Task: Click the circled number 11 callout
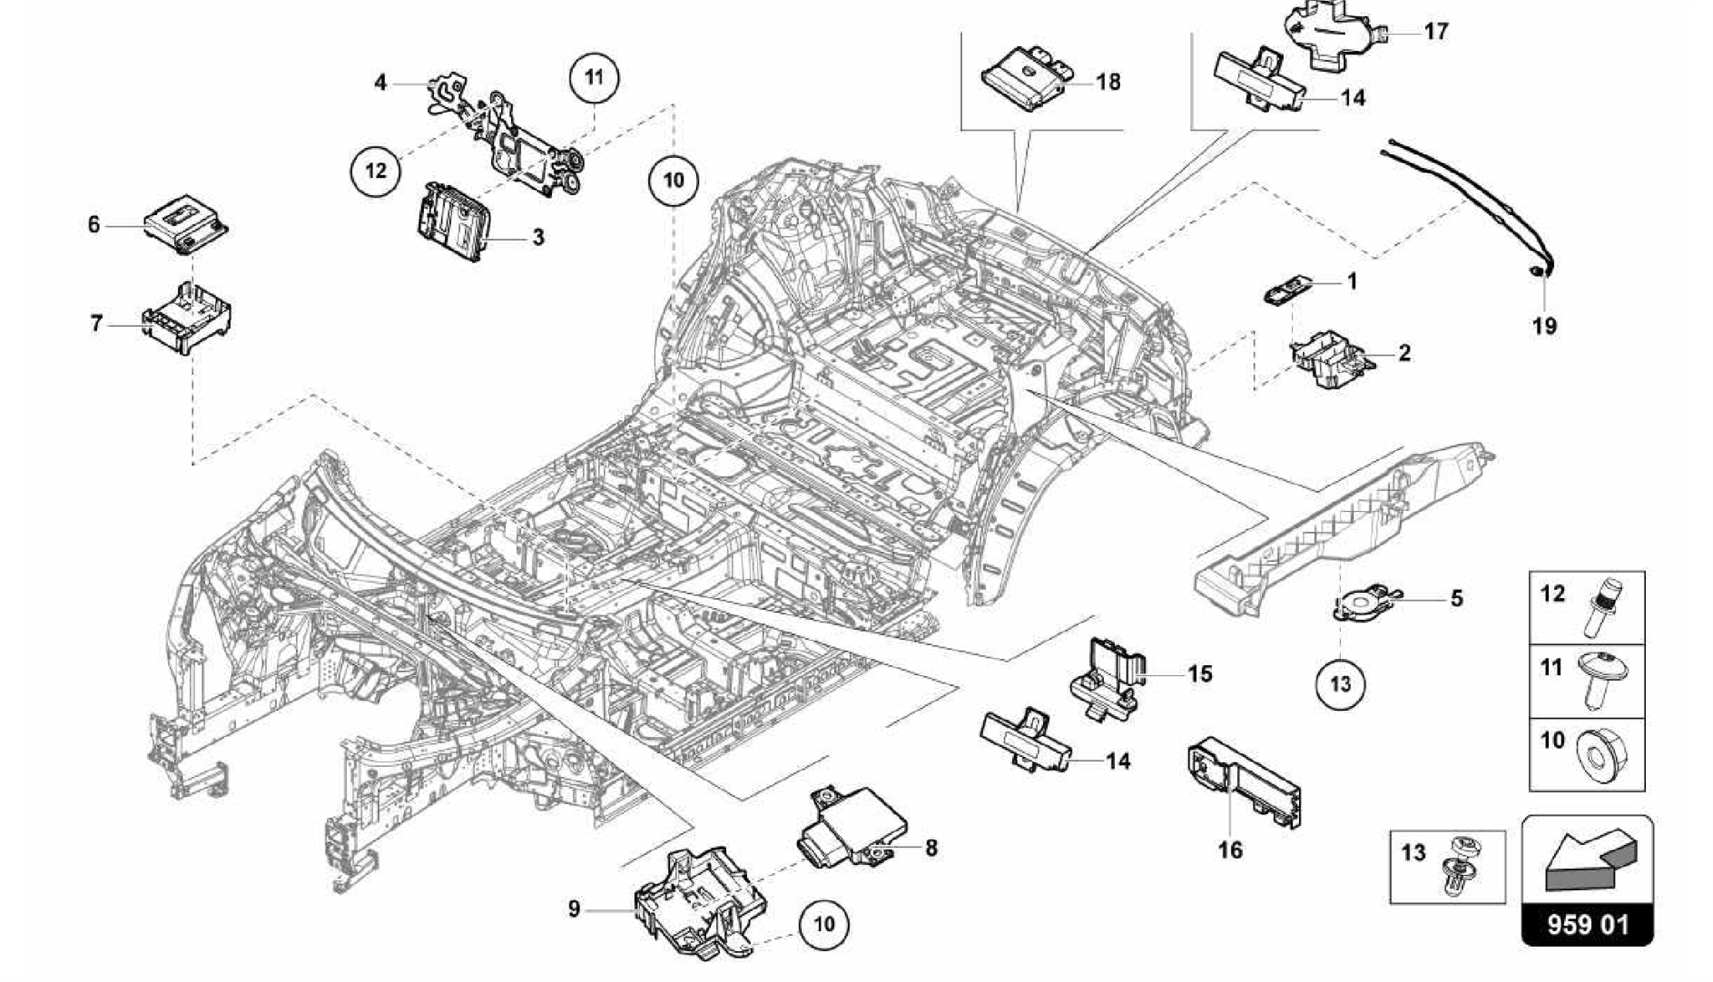[594, 78]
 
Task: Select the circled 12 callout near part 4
[376, 171]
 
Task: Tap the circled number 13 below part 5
[1340, 684]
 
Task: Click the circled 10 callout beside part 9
[823, 923]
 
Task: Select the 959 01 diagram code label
[1587, 925]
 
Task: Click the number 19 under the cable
[1544, 326]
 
